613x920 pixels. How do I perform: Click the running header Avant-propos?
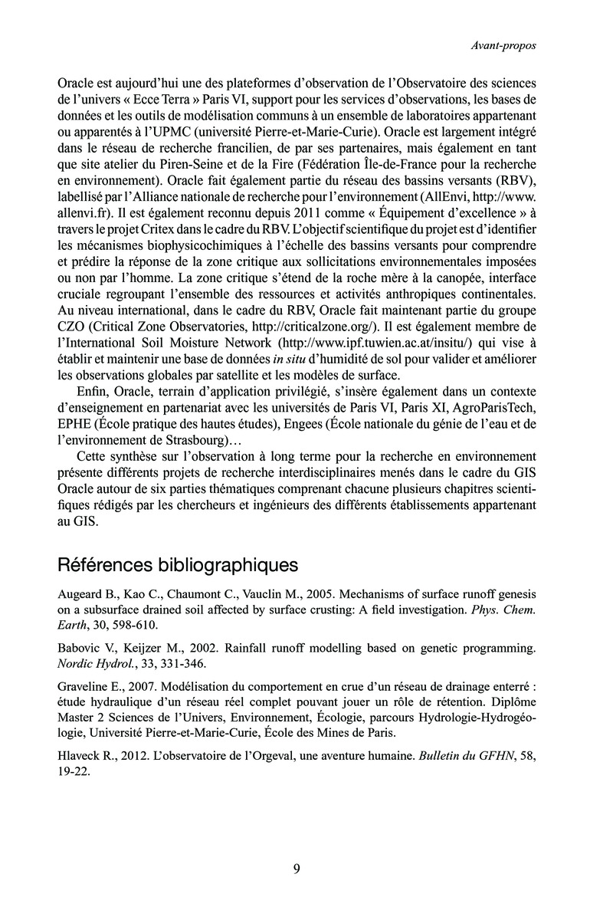coord(503,45)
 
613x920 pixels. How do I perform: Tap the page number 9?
coord(297,869)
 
